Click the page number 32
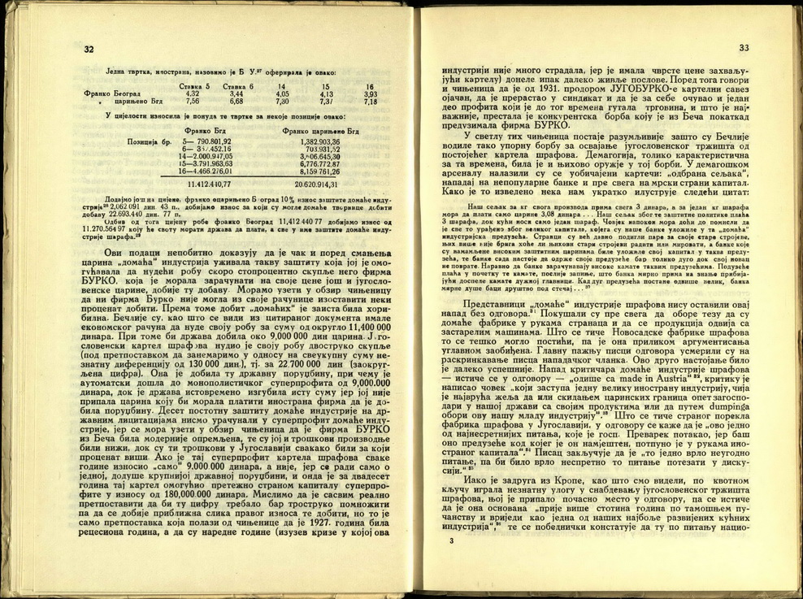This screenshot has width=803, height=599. coord(89,50)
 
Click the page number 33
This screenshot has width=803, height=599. coord(744,49)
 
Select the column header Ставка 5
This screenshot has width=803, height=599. coord(195,87)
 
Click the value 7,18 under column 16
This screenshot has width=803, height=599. coord(370,102)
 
